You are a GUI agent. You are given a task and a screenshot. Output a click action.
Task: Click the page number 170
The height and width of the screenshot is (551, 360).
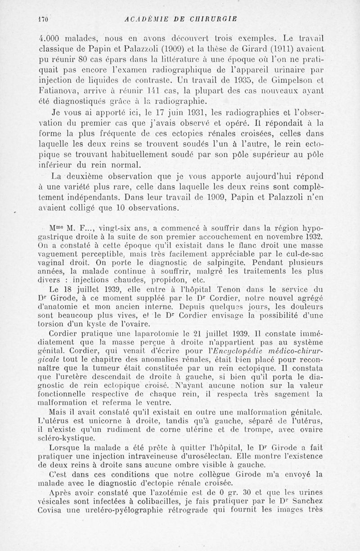coord(43,19)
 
